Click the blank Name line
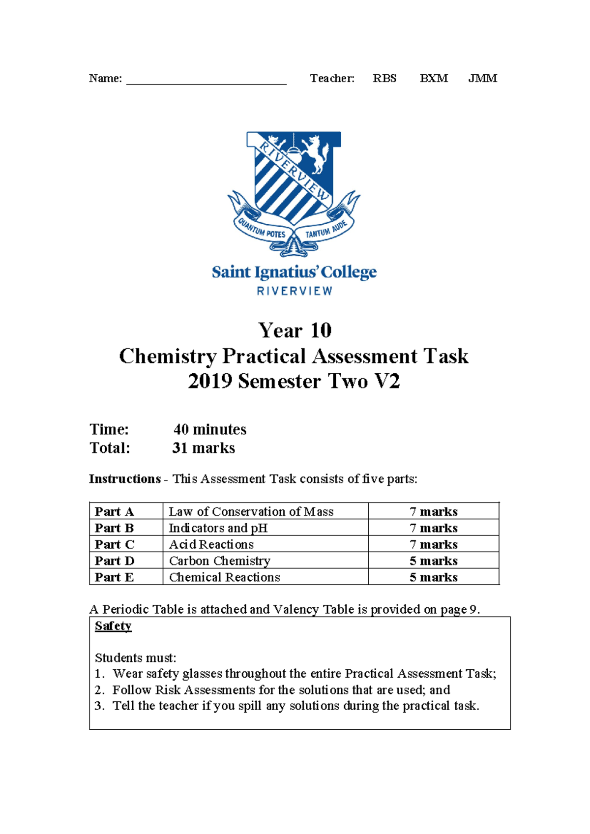[x=206, y=80]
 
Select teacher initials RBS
[x=384, y=79]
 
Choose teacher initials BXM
[x=434, y=79]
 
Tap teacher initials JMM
[x=482, y=79]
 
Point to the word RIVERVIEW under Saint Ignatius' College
[x=295, y=291]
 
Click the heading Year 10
[x=295, y=330]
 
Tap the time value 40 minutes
[x=210, y=429]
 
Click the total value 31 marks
[x=204, y=448]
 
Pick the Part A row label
[x=114, y=511]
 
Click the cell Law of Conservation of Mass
[x=251, y=511]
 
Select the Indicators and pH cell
[x=218, y=528]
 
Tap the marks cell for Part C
[x=433, y=544]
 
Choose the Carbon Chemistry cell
[x=219, y=561]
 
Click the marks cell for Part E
[x=433, y=577]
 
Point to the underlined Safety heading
[x=113, y=626]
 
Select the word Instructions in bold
[x=124, y=479]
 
